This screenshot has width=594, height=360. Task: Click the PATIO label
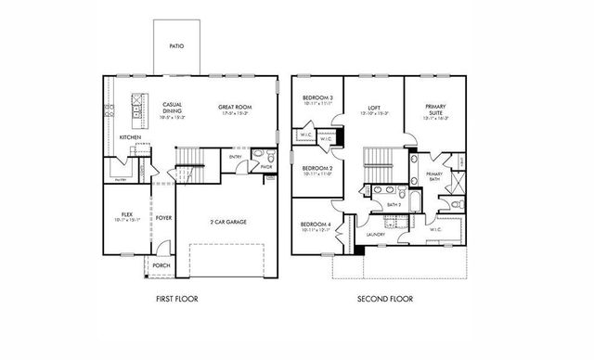point(175,44)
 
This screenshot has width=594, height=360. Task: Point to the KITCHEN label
point(130,137)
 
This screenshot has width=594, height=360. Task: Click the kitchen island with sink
point(140,109)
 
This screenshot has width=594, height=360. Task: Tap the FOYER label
point(163,219)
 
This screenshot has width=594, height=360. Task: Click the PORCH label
point(161,264)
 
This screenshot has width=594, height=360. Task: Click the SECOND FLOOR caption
point(385,299)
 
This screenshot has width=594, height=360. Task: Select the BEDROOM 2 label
point(318,170)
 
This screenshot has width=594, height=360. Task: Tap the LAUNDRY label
point(375,235)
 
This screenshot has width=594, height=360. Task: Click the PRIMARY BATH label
point(433,176)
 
